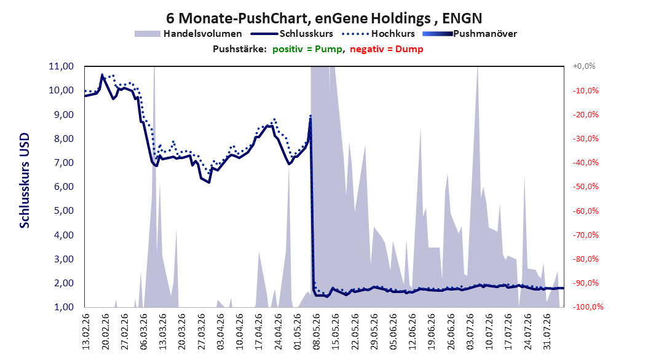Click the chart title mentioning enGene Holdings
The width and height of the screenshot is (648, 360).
324,18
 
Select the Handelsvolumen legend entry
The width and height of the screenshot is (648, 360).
189,34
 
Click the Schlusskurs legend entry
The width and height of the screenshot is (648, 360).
292,34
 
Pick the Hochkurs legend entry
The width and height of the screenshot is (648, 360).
378,34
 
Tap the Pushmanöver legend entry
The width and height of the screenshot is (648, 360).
470,34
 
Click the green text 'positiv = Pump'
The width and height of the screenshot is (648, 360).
307,49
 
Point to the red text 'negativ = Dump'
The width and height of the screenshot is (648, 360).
387,49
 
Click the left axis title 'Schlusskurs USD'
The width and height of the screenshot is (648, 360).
25,181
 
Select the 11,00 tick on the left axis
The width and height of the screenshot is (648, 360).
61,66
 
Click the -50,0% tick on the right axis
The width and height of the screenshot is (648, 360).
585,187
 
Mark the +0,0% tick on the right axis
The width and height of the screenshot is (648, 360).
584,66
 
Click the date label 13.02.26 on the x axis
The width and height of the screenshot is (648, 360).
86,332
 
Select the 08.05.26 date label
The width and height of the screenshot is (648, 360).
317,332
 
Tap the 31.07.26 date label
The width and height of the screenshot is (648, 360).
547,332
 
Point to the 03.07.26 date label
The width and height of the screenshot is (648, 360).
470,332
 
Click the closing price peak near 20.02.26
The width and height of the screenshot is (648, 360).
102,75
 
